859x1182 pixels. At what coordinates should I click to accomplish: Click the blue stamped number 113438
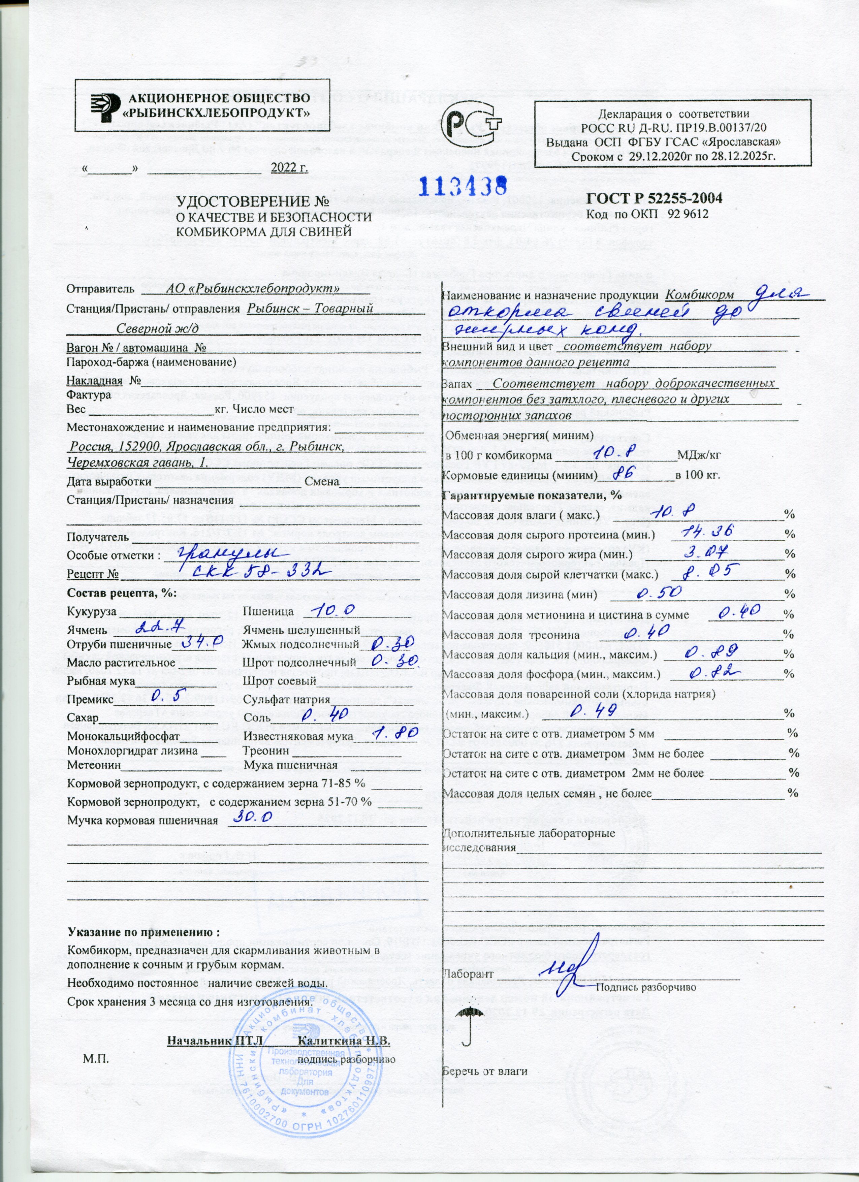click(x=464, y=185)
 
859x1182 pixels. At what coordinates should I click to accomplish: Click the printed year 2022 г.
click(x=289, y=168)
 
